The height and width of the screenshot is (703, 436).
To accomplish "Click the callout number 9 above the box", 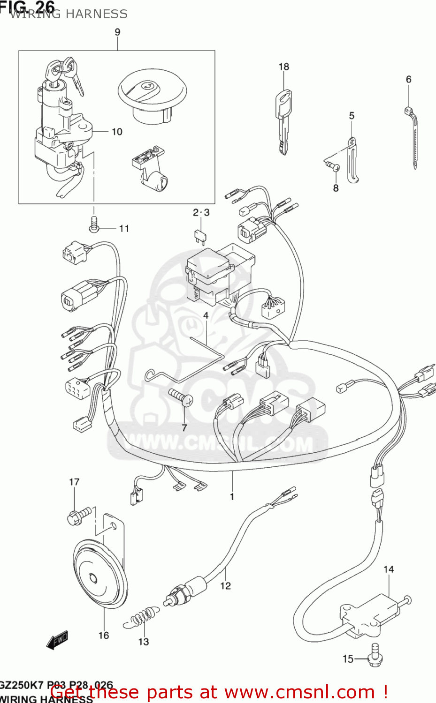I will pos(117,32).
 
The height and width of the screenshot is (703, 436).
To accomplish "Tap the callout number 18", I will pos(284,67).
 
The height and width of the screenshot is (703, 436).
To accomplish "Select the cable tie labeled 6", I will pos(412,136).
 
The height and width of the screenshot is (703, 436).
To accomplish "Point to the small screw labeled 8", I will pos(332,165).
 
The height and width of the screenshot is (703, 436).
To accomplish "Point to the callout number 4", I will pos(206,315).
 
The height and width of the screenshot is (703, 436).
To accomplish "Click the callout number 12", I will pos(226,586).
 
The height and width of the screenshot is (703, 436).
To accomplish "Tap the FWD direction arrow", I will pos(57,640).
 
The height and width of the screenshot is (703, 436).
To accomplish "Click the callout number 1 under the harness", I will pos(232,496).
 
